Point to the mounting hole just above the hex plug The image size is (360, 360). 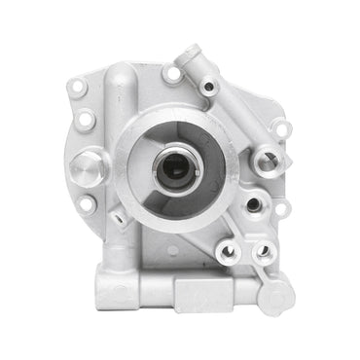click(86, 121)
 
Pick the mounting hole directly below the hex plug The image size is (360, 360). click(89, 204)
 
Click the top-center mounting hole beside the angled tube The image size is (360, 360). click(172, 73)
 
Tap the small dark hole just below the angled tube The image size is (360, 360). click(208, 87)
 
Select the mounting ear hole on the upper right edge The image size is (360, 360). click(279, 127)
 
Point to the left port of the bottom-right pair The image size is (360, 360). click(230, 251)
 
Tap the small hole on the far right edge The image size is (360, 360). click(282, 206)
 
